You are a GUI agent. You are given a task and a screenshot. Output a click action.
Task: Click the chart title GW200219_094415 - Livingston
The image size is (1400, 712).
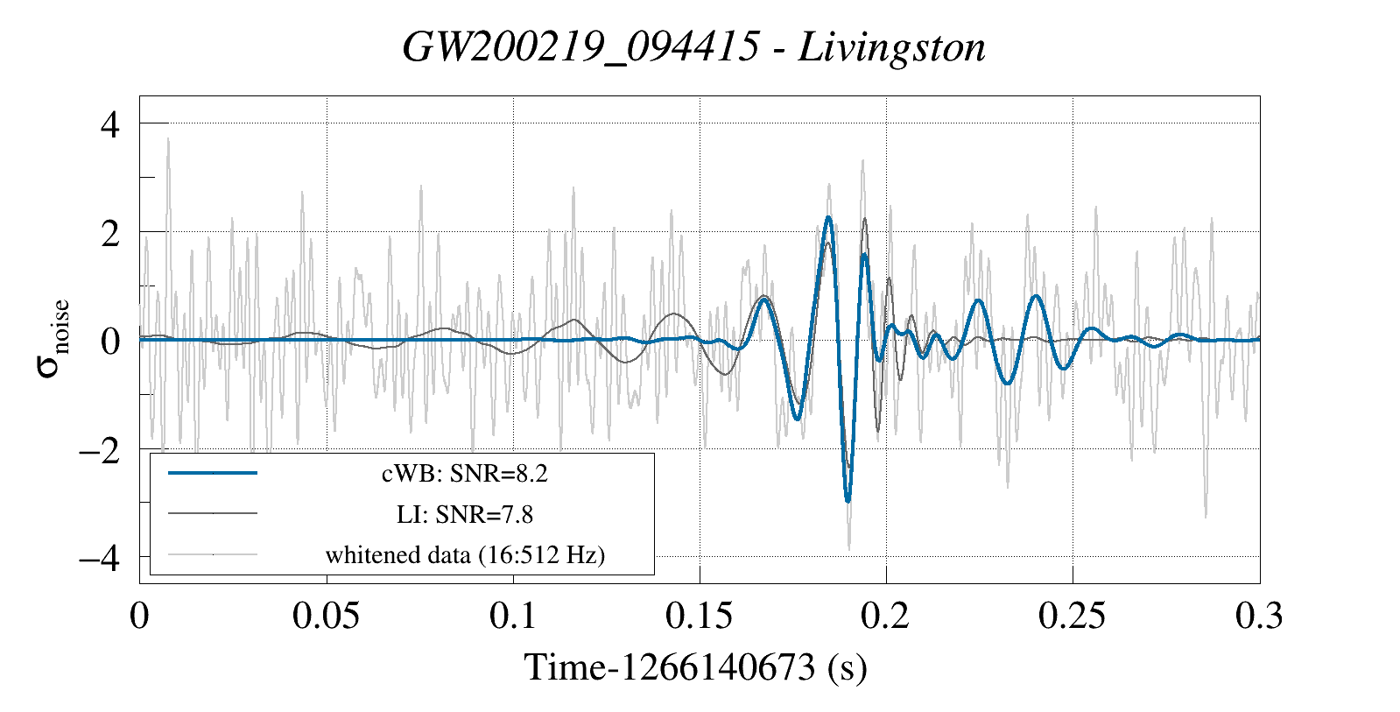point(693,47)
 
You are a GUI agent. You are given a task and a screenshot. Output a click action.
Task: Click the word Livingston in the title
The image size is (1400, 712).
point(891,47)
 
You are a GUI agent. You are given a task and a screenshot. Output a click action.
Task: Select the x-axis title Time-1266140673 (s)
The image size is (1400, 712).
point(695,667)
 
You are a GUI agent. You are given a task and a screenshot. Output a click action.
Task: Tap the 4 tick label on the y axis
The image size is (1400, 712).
point(109,124)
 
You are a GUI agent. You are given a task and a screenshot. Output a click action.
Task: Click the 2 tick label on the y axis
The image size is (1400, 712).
point(109,234)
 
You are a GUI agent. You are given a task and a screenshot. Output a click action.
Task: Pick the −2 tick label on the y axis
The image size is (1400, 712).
point(99,451)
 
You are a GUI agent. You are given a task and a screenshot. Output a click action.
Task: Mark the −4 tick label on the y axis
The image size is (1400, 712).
point(99,558)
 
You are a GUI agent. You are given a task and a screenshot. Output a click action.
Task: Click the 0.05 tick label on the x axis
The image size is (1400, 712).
point(326,617)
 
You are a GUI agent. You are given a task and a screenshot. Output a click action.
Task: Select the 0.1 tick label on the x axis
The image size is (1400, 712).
point(513,617)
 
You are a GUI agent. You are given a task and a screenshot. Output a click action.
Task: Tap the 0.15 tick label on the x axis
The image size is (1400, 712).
point(699,617)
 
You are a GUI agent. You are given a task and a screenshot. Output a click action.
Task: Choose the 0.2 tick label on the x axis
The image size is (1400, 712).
point(885,617)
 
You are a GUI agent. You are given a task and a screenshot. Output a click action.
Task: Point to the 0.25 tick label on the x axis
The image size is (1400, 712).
point(1072,617)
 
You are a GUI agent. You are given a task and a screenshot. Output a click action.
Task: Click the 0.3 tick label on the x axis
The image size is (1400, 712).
point(1259,617)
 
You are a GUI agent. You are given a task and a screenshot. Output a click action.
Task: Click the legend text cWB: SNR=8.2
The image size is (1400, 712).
point(464,474)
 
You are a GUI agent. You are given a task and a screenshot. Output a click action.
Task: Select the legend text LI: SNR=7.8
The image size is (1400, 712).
point(464,514)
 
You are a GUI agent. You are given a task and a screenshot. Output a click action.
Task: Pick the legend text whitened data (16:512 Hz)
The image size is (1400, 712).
point(464,555)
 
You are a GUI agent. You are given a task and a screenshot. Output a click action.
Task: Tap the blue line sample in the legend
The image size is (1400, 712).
point(213,473)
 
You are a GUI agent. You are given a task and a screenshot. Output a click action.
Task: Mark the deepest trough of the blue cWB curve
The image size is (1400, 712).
point(848,501)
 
